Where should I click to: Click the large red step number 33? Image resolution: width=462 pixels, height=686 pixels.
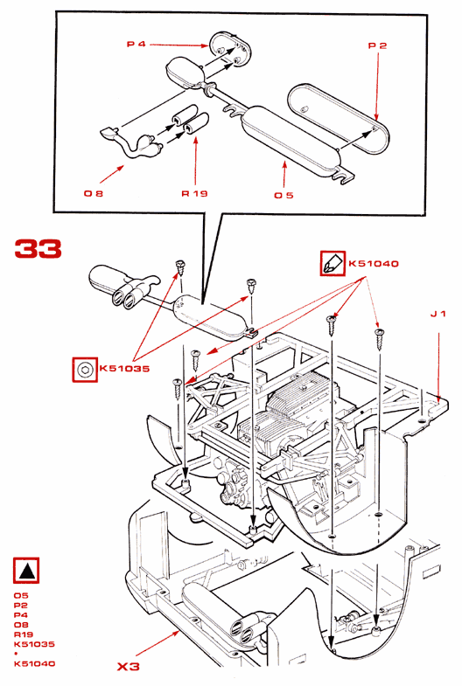tap(38, 249)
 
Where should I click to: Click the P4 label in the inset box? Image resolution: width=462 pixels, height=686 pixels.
tap(136, 45)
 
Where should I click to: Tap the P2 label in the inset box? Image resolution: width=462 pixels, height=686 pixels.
tap(377, 45)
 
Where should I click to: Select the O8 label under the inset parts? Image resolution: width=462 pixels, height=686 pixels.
tap(94, 193)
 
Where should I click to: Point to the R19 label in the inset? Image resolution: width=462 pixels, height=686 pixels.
tap(194, 193)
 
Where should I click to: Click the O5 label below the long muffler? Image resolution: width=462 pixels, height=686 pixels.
tap(283, 195)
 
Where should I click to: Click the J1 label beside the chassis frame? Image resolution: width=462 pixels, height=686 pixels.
tap(437, 314)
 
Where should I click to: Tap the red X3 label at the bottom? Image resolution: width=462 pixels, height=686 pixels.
tap(129, 666)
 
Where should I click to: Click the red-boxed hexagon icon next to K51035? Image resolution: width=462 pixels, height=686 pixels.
tap(85, 370)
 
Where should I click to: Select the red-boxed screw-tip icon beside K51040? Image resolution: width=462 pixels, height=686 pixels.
tap(332, 263)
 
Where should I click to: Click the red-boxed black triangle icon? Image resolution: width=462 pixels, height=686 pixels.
tap(26, 570)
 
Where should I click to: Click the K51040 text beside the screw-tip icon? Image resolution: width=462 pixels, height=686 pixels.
tap(374, 263)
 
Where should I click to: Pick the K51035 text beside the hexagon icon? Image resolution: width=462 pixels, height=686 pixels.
tap(124, 369)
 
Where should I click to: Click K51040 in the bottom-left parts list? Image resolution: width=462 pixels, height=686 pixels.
tap(35, 663)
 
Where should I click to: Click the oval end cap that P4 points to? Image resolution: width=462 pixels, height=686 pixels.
tap(229, 50)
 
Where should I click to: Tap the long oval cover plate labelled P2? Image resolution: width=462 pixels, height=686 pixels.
tap(338, 118)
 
